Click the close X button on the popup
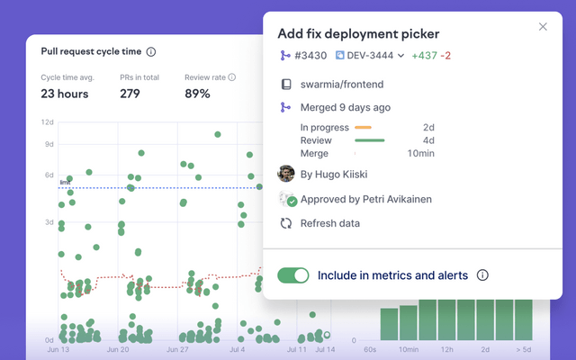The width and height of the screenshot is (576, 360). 543,27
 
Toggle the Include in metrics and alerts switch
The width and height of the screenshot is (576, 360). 292,275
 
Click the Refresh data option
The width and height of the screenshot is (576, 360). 329,223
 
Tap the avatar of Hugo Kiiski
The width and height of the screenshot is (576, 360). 286,174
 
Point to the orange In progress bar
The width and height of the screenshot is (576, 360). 364,128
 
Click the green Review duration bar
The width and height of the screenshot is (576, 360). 370,140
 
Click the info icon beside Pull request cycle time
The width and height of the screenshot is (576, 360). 151,52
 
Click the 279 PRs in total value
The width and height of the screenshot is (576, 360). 130,94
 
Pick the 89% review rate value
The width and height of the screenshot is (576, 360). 197,94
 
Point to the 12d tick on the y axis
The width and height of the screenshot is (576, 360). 48,121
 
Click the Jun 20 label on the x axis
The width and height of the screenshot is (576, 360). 118,348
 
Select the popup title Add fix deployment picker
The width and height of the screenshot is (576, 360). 358,34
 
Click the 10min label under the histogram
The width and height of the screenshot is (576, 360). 408,348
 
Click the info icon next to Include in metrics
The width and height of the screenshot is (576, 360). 482,275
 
